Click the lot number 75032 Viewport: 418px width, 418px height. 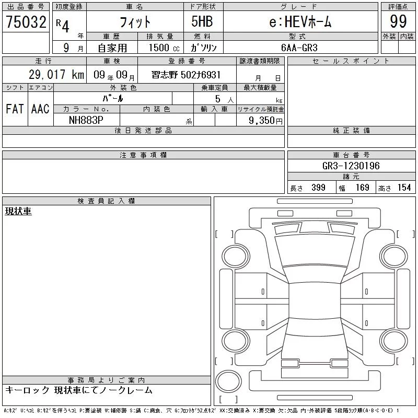tap(26, 22)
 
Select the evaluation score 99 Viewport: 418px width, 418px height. tap(398, 21)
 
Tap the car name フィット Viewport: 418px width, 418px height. tap(135, 22)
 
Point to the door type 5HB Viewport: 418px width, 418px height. tap(202, 21)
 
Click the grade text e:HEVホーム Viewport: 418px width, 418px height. tap(300, 21)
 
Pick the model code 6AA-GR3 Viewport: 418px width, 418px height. tap(299, 48)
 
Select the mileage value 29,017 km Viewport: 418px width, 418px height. tap(56, 74)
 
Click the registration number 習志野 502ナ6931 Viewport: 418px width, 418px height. tap(186, 75)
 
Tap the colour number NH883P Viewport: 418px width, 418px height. tap(86, 120)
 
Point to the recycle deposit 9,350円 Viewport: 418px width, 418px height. tap(265, 121)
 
